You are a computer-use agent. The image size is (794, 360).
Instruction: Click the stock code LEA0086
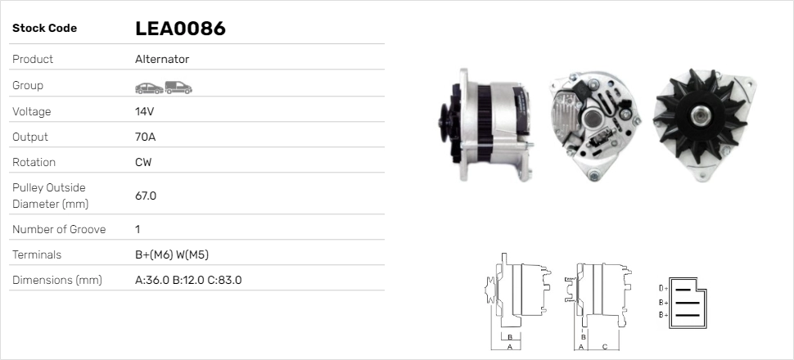[180, 29]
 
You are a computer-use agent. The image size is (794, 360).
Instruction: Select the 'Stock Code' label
[44, 29]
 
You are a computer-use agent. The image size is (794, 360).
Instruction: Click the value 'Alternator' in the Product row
[162, 60]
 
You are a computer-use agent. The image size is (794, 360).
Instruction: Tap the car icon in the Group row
[148, 88]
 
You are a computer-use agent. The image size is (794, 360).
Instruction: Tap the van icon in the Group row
[178, 87]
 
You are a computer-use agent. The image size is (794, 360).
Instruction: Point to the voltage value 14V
[145, 111]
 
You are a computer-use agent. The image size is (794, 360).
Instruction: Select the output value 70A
[146, 137]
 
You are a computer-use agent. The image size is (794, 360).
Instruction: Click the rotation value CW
[143, 162]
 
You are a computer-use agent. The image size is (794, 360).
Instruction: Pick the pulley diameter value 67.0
[146, 196]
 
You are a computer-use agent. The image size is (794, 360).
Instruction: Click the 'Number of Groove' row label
[59, 229]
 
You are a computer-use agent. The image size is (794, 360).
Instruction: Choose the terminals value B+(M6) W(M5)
[177, 254]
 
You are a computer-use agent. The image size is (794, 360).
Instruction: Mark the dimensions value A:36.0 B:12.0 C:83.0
[187, 280]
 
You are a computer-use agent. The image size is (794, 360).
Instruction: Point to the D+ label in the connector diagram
[664, 289]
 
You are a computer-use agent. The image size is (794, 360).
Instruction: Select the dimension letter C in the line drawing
[604, 346]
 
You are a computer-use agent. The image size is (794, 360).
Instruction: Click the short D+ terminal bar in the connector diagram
[685, 289]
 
